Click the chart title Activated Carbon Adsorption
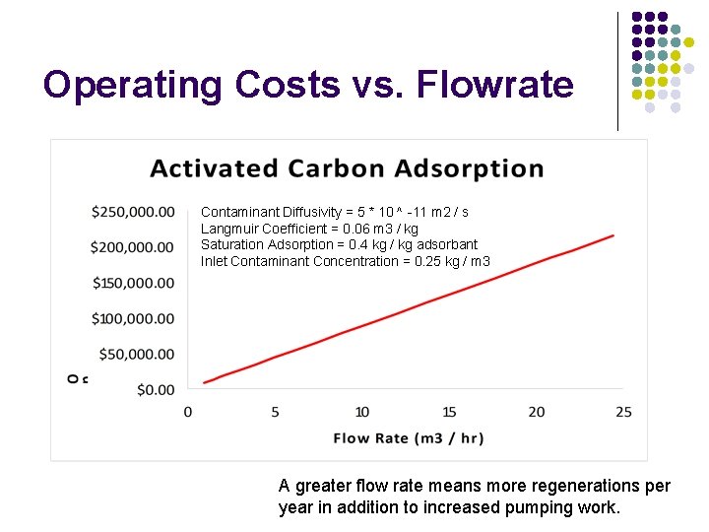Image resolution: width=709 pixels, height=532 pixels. point(347,168)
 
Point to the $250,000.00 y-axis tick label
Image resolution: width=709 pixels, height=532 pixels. point(132,212)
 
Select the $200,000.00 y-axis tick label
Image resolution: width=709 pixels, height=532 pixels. point(132,247)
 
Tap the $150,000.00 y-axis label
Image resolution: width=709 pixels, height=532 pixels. point(132,283)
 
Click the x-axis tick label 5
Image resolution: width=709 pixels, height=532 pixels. point(275,412)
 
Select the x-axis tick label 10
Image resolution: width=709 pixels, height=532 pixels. point(361,412)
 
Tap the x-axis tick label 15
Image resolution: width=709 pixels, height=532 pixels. point(449,412)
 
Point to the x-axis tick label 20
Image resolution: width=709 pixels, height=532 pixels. point(537,412)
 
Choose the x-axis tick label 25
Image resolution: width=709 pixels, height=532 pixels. point(623,412)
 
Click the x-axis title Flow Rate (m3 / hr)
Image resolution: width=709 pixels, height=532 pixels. point(409,437)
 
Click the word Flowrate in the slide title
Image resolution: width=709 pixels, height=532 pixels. point(495,85)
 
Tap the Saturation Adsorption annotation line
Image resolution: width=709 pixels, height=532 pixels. point(339,244)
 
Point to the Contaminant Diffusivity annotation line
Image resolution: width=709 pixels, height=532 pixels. point(335,212)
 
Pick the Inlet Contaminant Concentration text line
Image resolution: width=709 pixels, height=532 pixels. point(345,261)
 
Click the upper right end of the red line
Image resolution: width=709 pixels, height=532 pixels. point(613,234)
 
